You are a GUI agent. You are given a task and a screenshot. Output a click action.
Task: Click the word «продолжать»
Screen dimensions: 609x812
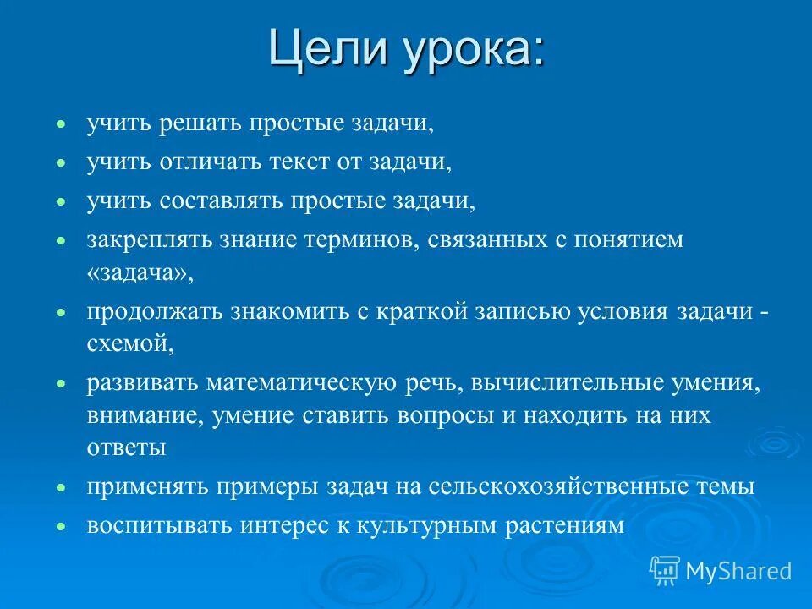pos(155,312)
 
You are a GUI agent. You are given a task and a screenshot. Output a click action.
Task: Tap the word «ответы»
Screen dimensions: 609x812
pos(126,448)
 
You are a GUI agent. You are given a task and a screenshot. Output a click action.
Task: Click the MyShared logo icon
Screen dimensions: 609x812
pos(666,570)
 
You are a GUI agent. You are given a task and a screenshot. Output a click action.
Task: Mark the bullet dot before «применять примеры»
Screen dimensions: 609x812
pos(60,488)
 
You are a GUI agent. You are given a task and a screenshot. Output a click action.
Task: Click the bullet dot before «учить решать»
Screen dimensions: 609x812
pos(60,124)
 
